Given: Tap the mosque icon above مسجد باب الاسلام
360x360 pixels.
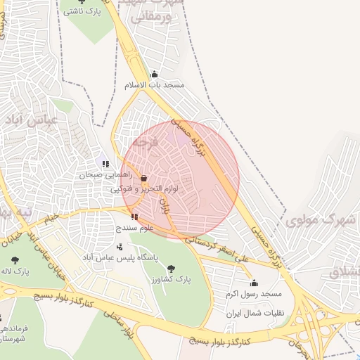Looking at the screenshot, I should pos(154,74).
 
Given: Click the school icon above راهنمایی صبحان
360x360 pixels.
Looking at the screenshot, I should pos(105,164).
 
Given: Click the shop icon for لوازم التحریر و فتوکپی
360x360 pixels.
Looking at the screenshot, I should pos(144,178).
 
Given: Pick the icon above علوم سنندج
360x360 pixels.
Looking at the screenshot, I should pos(134,217).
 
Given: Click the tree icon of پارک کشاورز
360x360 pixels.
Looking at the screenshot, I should pos(171,269).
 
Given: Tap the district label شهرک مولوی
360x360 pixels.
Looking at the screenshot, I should pos(319,220).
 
